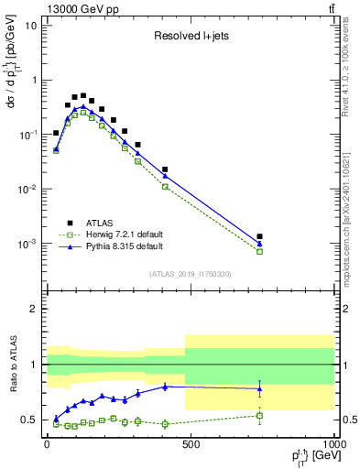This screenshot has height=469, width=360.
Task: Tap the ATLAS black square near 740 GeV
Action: [260, 236]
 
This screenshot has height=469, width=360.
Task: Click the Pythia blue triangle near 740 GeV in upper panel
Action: [260, 244]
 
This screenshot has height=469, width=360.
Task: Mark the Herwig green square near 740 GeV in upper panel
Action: [260, 251]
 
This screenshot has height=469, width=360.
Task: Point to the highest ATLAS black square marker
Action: [83, 95]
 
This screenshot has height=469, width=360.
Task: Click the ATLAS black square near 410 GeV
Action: [165, 169]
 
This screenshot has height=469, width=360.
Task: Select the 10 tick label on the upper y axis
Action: [32, 25]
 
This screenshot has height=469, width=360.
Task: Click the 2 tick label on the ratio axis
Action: [35, 309]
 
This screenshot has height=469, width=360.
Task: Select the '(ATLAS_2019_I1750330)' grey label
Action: [191, 274]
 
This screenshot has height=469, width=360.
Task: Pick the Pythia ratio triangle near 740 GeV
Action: [260, 388]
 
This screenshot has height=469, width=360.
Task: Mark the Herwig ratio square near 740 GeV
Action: [260, 416]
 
